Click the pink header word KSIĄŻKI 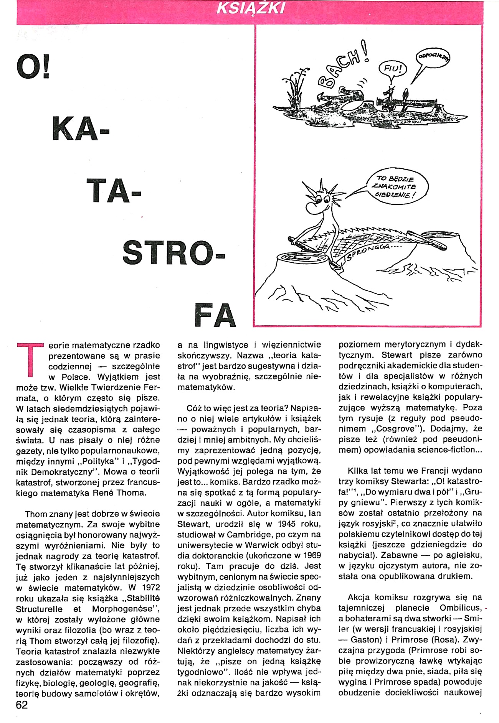[251, 8]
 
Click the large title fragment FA [215, 315]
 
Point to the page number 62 [22, 705]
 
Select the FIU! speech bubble [392, 69]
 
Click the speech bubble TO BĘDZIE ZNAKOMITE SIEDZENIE [397, 186]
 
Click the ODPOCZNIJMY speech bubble [433, 58]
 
